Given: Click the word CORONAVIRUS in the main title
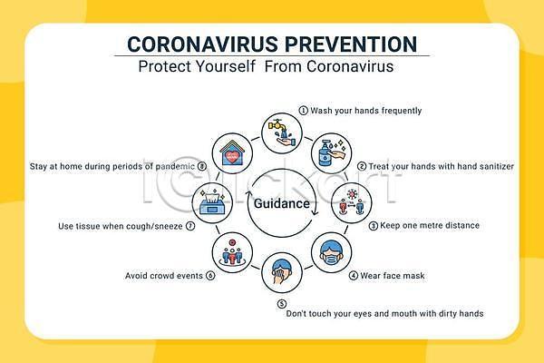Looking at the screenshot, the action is (x=202, y=44).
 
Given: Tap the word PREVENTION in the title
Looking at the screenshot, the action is (x=351, y=44).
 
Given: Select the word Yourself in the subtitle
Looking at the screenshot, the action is (x=225, y=66).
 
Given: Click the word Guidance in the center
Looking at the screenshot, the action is (x=282, y=203).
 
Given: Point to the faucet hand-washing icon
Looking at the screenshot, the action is (x=282, y=133).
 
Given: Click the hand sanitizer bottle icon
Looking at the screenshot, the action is (x=331, y=153).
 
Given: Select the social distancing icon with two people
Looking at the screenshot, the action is (x=352, y=203).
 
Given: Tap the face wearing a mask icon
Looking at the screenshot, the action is (x=331, y=252).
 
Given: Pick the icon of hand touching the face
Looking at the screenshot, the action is (x=282, y=272).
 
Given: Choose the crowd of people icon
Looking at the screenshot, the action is (x=232, y=252).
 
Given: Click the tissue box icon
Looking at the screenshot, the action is (x=212, y=203).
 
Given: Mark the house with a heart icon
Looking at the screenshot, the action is (x=232, y=153).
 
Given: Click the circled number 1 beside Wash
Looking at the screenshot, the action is (x=303, y=111).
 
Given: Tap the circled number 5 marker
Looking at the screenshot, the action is (x=282, y=304).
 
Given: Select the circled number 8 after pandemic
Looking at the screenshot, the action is (x=202, y=166).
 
